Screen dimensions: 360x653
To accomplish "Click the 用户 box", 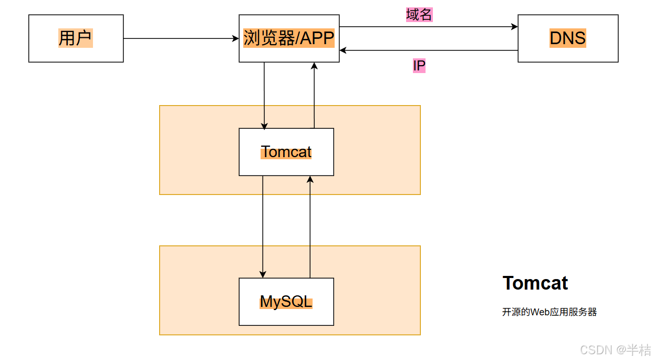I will pos(76,38).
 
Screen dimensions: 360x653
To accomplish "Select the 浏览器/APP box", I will pos(289,38).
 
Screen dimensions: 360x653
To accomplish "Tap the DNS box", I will pos(567,38).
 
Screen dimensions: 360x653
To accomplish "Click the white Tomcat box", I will pos(286,152).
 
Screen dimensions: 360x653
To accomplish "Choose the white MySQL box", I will pos(286,302).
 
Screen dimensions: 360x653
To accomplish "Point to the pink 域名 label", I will pos(419,15).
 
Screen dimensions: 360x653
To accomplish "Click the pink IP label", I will pos(419,66).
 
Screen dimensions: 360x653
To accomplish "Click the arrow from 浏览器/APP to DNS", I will pos(428,26).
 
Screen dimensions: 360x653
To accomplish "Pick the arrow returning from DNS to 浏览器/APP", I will pos(428,50).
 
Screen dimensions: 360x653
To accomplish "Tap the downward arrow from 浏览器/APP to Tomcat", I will pos(264,95).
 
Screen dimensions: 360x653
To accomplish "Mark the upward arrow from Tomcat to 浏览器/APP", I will pos(314,95).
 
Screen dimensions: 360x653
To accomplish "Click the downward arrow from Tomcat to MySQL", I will pos(263,226).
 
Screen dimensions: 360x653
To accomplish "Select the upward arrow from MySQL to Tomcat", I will pos(310,226).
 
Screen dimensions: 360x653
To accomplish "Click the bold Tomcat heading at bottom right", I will pos(535,283).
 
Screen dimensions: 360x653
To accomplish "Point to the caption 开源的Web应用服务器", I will pos(549,312).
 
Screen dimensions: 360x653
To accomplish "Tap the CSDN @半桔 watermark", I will pos(615,349).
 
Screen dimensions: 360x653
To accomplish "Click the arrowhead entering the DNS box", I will pos(514,26).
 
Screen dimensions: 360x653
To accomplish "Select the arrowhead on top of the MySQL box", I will pos(263,274).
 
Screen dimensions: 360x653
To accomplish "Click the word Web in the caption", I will pos(539,312).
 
